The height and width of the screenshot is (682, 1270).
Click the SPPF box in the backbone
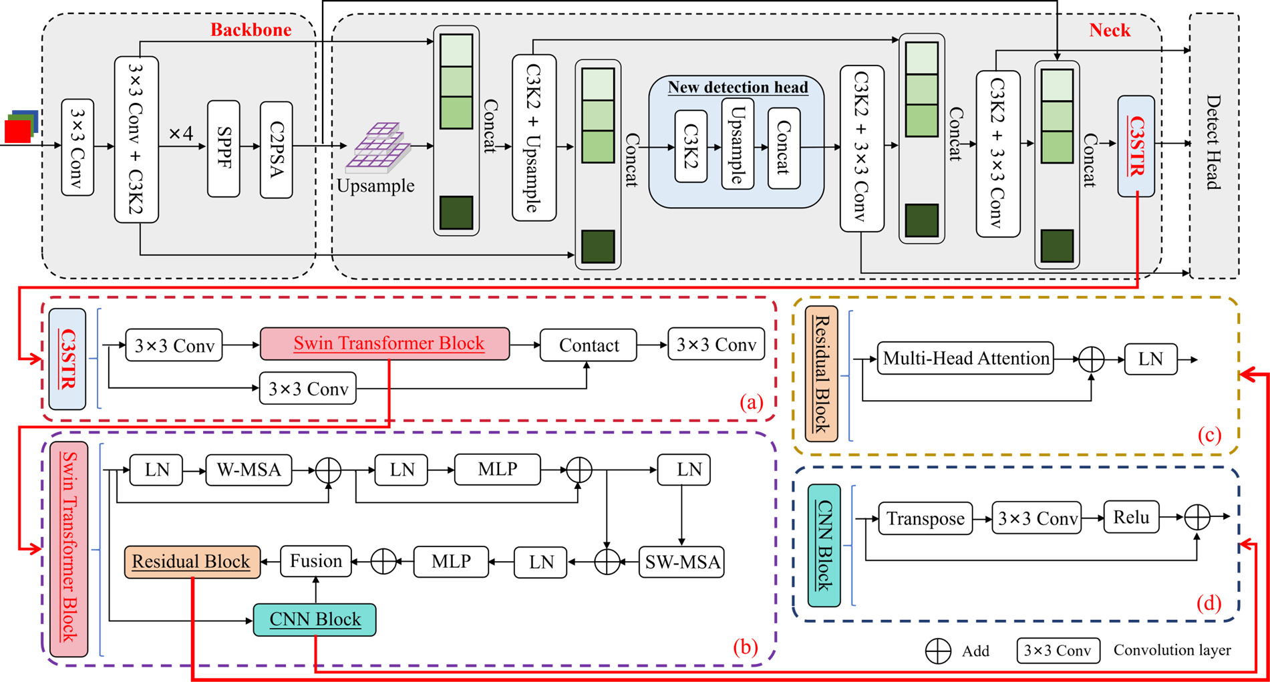click(223, 148)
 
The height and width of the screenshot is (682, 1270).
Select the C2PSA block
click(276, 150)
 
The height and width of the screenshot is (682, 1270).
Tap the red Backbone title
click(251, 30)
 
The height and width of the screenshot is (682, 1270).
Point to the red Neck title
click(1110, 30)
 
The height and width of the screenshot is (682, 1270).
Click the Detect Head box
click(1214, 146)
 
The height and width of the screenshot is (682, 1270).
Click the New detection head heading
click(738, 88)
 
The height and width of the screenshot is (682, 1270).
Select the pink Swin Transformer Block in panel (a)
click(385, 344)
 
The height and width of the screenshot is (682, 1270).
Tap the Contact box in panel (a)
click(588, 345)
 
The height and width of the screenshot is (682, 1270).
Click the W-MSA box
click(249, 470)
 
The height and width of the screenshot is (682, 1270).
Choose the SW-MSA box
click(681, 562)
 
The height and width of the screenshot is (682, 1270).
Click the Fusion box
click(316, 561)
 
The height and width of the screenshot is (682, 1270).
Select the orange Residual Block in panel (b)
click(192, 562)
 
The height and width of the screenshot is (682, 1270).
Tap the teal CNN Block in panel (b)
click(315, 620)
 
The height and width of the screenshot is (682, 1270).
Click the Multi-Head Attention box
click(965, 359)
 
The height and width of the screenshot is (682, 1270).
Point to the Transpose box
click(925, 518)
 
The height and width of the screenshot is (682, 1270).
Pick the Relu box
click(1131, 517)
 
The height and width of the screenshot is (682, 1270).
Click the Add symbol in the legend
click(938, 651)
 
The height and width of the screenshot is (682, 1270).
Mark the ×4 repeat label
click(180, 134)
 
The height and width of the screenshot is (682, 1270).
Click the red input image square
click(17, 131)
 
